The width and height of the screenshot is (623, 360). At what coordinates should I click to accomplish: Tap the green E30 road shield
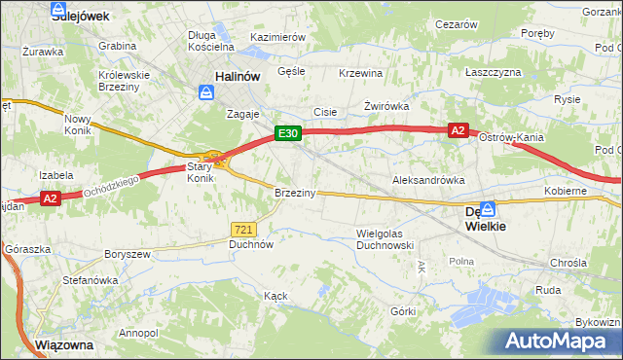(x=286, y=133)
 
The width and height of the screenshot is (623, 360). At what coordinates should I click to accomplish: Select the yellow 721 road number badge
(x=244, y=229)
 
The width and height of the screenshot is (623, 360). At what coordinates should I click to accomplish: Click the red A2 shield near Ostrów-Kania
(x=458, y=130)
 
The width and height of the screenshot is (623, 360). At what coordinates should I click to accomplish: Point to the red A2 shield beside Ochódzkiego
(x=52, y=198)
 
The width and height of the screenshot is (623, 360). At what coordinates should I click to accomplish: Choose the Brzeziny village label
(x=295, y=193)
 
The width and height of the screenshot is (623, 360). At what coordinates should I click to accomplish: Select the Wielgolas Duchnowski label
(x=386, y=239)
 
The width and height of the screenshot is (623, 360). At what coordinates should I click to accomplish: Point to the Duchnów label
(x=250, y=245)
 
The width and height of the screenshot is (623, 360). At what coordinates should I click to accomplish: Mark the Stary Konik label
(x=200, y=172)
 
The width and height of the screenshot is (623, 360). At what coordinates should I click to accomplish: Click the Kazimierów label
(x=278, y=37)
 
